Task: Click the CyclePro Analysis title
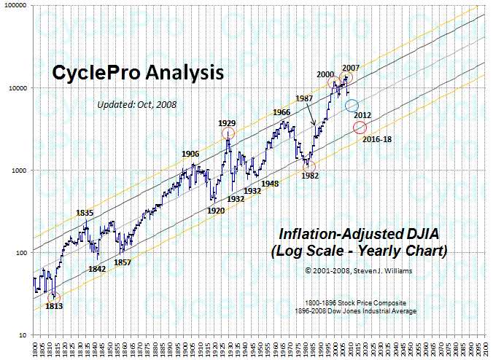pyautogui.click(x=137, y=74)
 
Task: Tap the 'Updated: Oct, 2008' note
pyautogui.click(x=137, y=104)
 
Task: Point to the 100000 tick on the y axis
pyautogui.click(x=16, y=6)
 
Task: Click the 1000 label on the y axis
pyautogui.click(x=20, y=171)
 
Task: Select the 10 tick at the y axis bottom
pyautogui.click(x=23, y=335)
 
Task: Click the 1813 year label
pyautogui.click(x=54, y=305)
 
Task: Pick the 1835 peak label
pyautogui.click(x=85, y=213)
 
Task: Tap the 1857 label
pyautogui.click(x=123, y=262)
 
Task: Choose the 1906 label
pyautogui.click(x=190, y=154)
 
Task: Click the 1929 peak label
pyautogui.click(x=227, y=123)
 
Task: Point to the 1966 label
pyautogui.click(x=282, y=112)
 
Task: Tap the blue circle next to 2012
pyautogui.click(x=352, y=106)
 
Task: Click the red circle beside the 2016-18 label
pyautogui.click(x=360, y=128)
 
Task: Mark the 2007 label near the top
pyautogui.click(x=351, y=67)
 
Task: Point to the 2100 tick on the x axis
pyautogui.click(x=484, y=346)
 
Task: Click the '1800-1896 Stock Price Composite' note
pyautogui.click(x=360, y=301)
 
